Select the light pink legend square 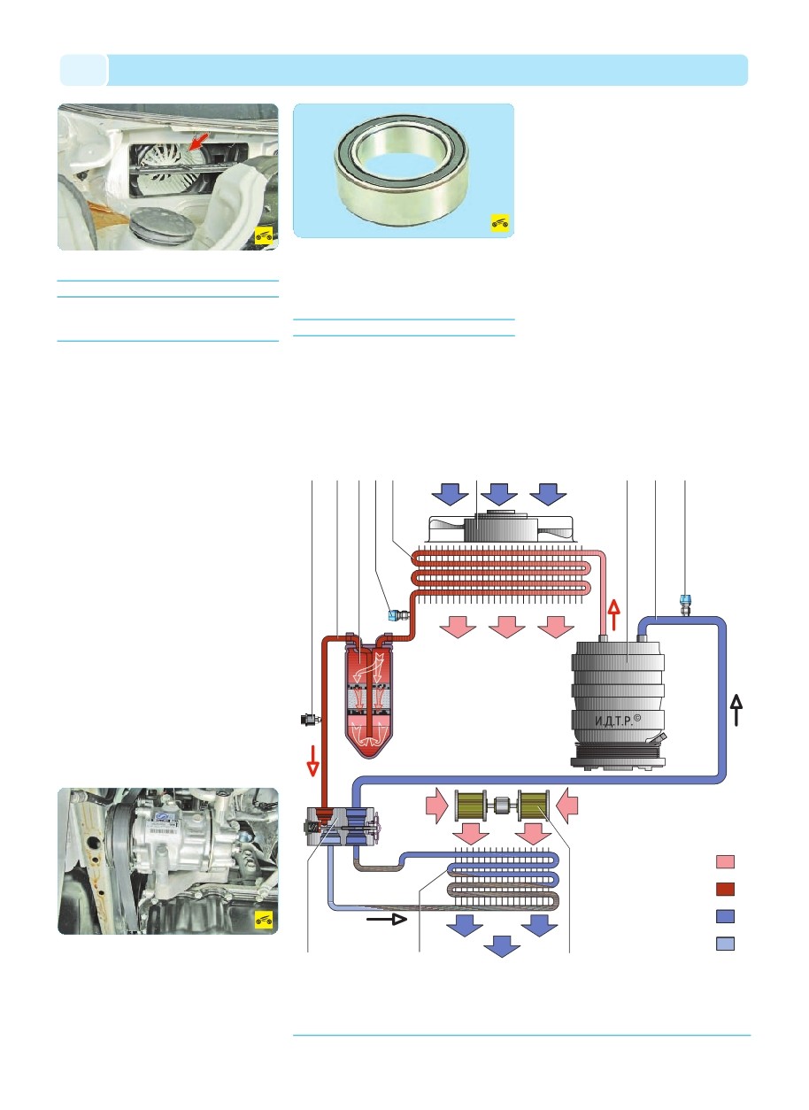724,861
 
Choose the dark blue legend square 724,917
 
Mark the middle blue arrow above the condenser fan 501,491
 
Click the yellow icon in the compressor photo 263,921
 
